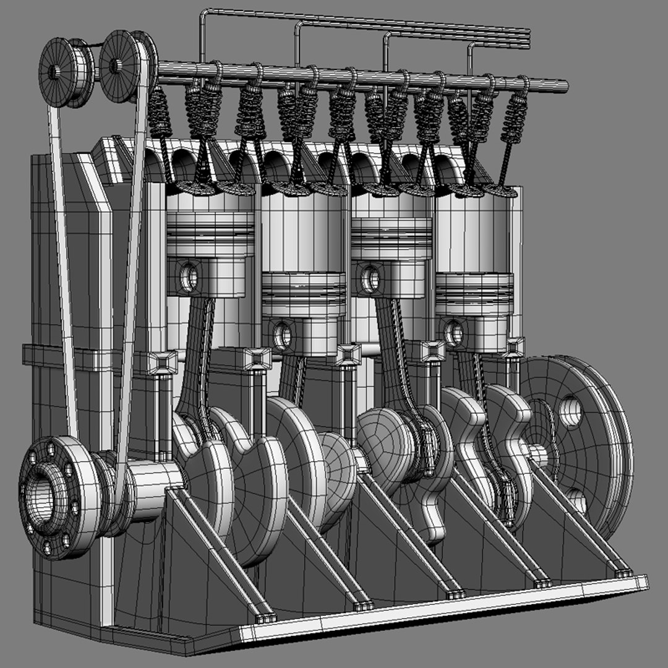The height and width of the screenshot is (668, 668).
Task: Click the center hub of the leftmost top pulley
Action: [x=55, y=72]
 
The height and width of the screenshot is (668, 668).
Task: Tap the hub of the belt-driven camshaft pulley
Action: [x=115, y=64]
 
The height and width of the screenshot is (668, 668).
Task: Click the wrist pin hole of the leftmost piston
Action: [x=189, y=277]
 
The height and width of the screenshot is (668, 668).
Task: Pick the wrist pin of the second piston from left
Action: [x=283, y=335]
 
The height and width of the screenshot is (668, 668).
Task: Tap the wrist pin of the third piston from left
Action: [x=370, y=279]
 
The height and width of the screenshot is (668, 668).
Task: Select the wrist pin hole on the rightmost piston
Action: [x=455, y=333]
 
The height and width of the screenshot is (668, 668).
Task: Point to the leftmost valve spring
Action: [x=159, y=112]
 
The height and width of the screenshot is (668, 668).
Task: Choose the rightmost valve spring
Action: [x=515, y=118]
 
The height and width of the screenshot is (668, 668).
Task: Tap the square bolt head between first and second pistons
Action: [x=257, y=359]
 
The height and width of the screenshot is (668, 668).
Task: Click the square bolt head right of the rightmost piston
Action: [x=513, y=347]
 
